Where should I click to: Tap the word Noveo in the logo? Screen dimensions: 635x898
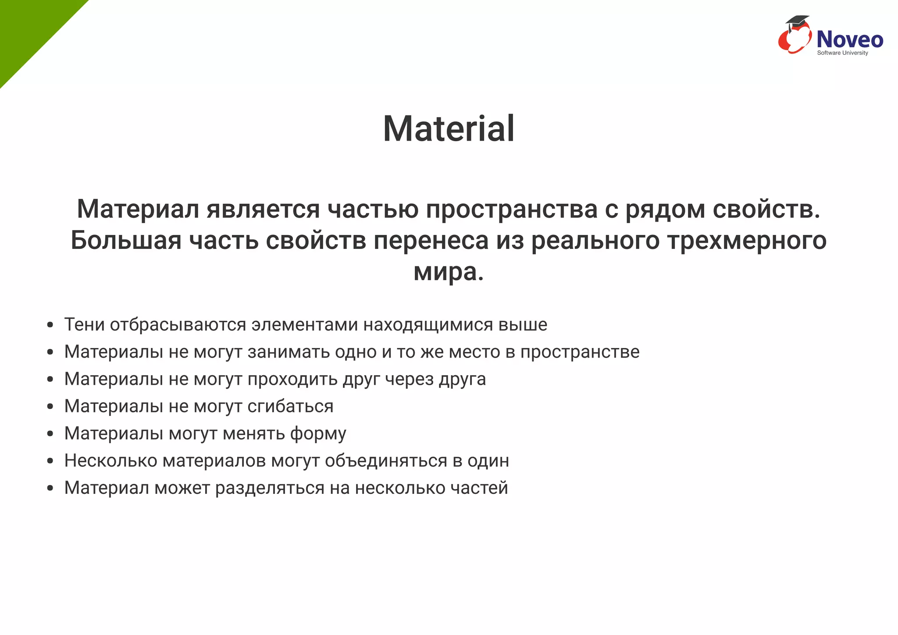(849, 39)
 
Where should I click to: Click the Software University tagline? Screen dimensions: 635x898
(842, 53)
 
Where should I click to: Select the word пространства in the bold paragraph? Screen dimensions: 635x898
(512, 209)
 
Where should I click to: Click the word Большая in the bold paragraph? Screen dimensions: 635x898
(126, 241)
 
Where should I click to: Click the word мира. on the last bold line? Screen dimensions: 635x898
(449, 272)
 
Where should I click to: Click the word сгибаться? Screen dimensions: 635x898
(290, 407)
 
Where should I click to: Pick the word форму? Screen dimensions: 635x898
(318, 434)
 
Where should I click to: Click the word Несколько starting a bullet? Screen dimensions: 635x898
(110, 461)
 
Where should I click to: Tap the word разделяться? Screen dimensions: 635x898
(270, 488)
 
